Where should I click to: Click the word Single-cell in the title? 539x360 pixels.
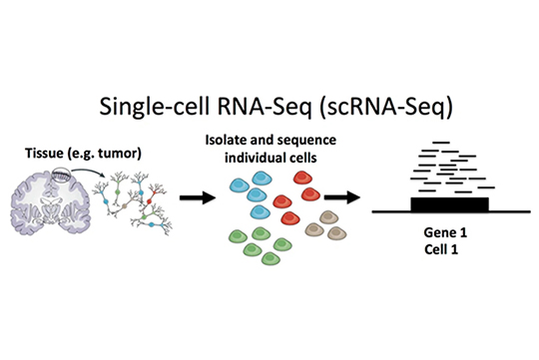[x=155, y=107]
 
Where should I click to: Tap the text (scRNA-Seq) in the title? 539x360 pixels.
[x=386, y=107]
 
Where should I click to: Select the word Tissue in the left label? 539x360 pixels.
[x=44, y=153]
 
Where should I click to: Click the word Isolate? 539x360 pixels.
[x=226, y=140]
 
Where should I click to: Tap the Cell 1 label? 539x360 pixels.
[x=441, y=249]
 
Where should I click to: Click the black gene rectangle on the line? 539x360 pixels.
[x=449, y=204]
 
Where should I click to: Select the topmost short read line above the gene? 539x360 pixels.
[x=441, y=143]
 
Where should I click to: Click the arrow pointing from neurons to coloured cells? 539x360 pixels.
[x=198, y=197]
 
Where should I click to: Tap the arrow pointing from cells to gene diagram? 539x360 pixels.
[x=342, y=197]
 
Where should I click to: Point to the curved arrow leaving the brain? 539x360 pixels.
[x=88, y=172]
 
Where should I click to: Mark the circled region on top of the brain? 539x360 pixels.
[x=61, y=175]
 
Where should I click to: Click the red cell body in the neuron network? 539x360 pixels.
[x=149, y=201]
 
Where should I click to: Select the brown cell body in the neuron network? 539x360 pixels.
[x=125, y=206]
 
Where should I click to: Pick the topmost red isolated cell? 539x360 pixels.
[x=302, y=178]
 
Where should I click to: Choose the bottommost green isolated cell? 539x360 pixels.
[x=270, y=258]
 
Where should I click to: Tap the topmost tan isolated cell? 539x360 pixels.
[x=328, y=217]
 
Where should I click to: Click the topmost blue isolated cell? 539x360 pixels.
[x=262, y=179]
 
